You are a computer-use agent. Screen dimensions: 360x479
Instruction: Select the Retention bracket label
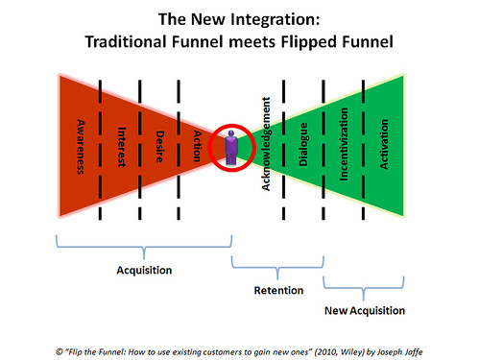coord(277,291)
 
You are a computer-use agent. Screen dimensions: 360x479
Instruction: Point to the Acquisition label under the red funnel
coord(144,272)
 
